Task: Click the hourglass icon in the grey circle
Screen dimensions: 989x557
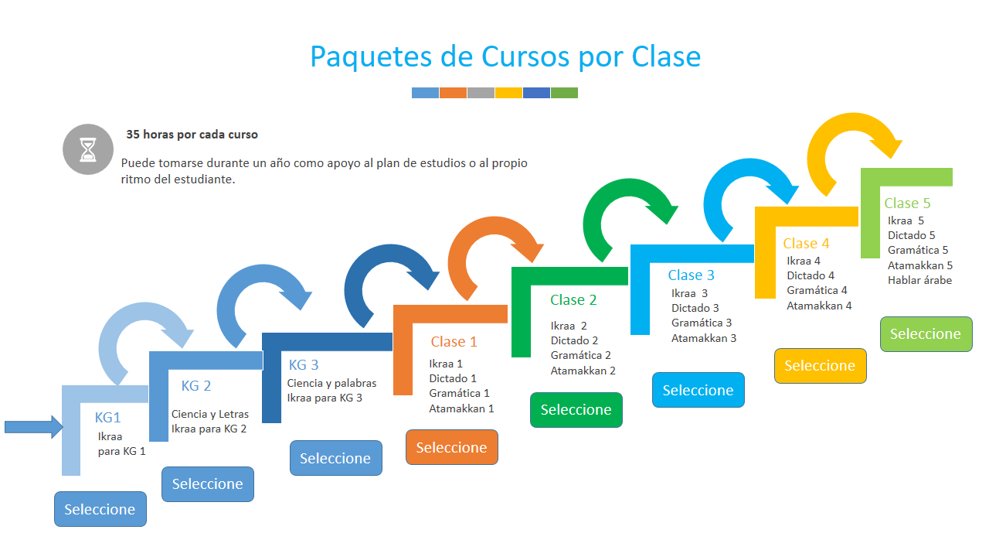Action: click(x=88, y=149)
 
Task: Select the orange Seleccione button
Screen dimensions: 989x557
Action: click(x=452, y=447)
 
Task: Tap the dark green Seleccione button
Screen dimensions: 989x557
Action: click(x=576, y=410)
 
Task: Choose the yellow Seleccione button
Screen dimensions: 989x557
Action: click(x=821, y=366)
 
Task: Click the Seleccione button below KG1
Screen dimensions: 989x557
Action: click(x=100, y=509)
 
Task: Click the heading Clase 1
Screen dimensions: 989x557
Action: click(x=454, y=342)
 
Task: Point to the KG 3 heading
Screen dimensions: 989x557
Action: click(x=304, y=364)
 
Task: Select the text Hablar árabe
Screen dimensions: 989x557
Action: click(x=919, y=280)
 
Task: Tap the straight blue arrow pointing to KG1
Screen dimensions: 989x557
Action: click(x=34, y=427)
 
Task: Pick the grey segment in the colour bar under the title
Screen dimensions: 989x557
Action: click(x=481, y=93)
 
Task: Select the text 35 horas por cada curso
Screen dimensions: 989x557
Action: click(x=192, y=135)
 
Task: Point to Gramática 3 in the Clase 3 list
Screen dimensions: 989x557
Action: click(x=702, y=323)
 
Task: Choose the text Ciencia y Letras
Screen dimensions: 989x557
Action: click(x=210, y=414)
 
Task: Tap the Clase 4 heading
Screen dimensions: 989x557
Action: click(x=806, y=243)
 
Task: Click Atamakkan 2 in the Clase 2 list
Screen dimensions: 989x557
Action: click(x=583, y=371)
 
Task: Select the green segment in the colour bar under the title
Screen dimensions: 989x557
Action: click(x=564, y=93)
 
